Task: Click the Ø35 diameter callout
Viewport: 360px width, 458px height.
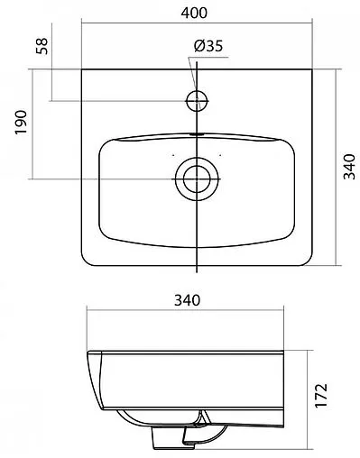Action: pos(208,47)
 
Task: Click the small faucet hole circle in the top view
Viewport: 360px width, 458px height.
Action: pos(197,98)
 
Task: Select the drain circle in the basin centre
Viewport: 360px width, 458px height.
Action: pos(196,178)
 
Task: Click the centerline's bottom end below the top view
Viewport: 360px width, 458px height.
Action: pos(196,270)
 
